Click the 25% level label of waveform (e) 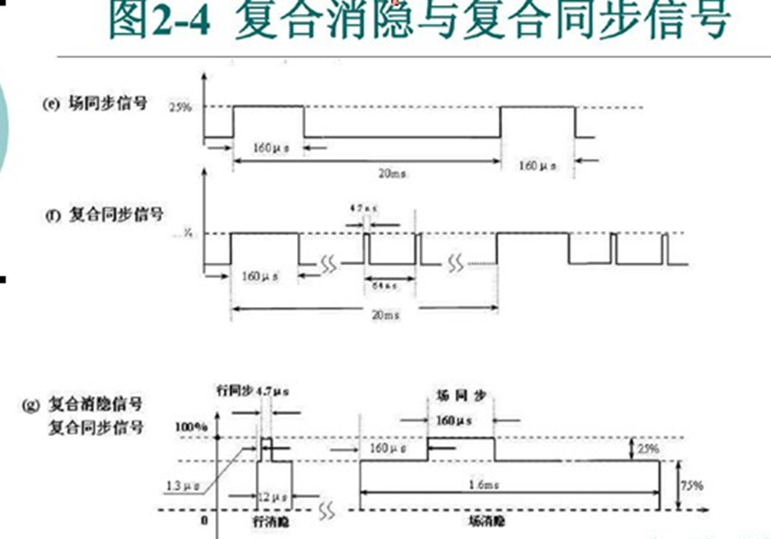click(180, 108)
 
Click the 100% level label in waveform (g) click(186, 428)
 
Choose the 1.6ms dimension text click(508, 481)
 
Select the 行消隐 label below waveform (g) click(273, 520)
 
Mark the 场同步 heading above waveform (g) click(459, 396)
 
